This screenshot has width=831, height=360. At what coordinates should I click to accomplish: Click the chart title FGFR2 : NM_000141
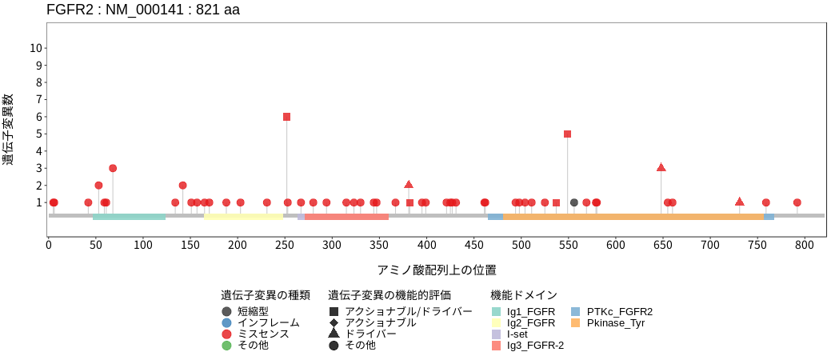[x=143, y=10]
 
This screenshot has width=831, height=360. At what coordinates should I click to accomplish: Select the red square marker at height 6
[x=287, y=117]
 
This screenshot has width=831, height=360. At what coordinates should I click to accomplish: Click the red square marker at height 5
[x=568, y=134]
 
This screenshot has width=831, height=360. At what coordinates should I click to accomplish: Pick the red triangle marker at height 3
[x=661, y=167]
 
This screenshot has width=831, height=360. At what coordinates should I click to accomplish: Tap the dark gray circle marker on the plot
[x=574, y=202]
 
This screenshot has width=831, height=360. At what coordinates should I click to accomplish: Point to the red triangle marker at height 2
[x=409, y=185]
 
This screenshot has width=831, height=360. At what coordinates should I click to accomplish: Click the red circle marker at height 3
[x=113, y=168]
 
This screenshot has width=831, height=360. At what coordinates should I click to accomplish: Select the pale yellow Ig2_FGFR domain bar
[x=244, y=216]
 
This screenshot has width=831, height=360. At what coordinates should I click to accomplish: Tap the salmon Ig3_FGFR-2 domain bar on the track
[x=347, y=216]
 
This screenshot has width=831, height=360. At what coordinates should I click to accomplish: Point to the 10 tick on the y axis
[x=36, y=48]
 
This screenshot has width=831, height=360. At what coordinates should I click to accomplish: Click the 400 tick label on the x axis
[x=426, y=244]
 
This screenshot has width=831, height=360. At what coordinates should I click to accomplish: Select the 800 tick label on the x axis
[x=804, y=244]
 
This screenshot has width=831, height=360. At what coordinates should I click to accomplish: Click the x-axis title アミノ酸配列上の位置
[x=437, y=270]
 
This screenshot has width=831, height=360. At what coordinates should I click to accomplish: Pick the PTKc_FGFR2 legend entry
[x=619, y=311]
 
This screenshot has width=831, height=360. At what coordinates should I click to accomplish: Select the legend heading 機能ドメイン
[x=523, y=295]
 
